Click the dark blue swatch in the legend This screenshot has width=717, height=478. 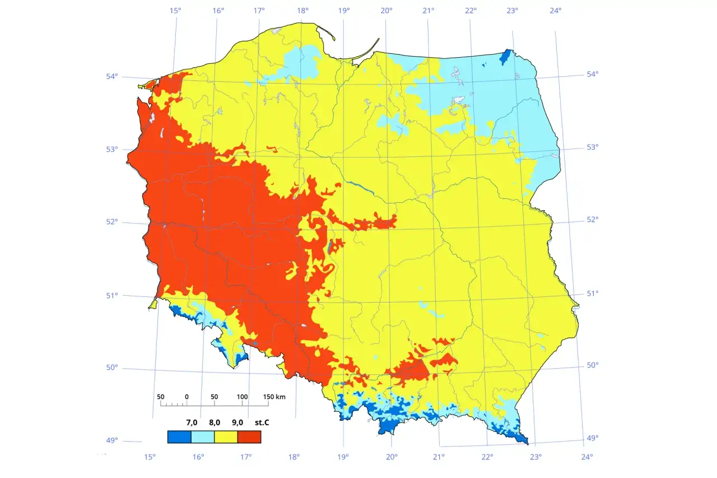click(179, 437)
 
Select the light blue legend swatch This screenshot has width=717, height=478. click(203, 437)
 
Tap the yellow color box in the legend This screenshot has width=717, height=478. click(226, 437)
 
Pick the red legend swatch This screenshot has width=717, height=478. click(249, 437)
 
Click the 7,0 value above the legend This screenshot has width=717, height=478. click(192, 422)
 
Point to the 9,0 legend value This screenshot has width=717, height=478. click(237, 422)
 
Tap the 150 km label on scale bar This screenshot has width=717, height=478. click(274, 397)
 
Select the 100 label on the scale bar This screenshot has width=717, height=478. click(242, 397)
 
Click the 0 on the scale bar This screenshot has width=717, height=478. click(187, 397)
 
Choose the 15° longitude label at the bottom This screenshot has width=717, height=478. click(150, 457)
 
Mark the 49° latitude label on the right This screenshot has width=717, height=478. click(593, 438)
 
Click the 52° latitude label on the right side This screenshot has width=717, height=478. click(593, 220)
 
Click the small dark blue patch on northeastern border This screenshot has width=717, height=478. click(505, 56)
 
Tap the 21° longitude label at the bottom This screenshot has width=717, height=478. click(439, 457)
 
